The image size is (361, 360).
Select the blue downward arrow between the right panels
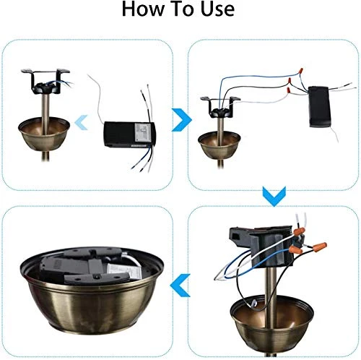(x=271, y=194)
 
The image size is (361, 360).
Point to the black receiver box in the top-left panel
(x=129, y=134)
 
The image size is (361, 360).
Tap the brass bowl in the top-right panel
(x=219, y=145)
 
